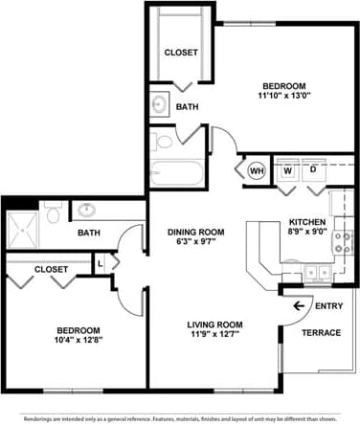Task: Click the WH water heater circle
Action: tap(257, 170)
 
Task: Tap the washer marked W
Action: tap(286, 170)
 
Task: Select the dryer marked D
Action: tap(313, 170)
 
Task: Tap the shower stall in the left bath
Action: tap(27, 228)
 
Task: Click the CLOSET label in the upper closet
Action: tap(180, 52)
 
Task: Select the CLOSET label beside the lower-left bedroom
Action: tap(51, 270)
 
